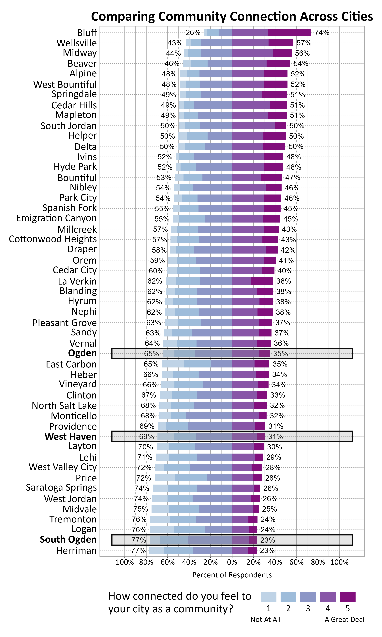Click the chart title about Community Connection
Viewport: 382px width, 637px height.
coord(232,16)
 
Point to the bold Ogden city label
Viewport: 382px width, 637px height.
coord(82,353)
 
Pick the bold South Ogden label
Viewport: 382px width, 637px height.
coord(68,540)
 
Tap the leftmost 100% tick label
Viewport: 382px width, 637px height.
coord(125,562)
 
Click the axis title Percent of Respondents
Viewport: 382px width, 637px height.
coord(232,575)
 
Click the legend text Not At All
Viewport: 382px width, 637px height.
coord(265,619)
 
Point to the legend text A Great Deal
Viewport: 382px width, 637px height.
coord(344,619)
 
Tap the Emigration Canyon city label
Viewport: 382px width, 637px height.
coord(56,218)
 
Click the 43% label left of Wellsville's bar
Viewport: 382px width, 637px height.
coord(175,43)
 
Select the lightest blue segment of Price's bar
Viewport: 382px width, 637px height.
coord(165,478)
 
